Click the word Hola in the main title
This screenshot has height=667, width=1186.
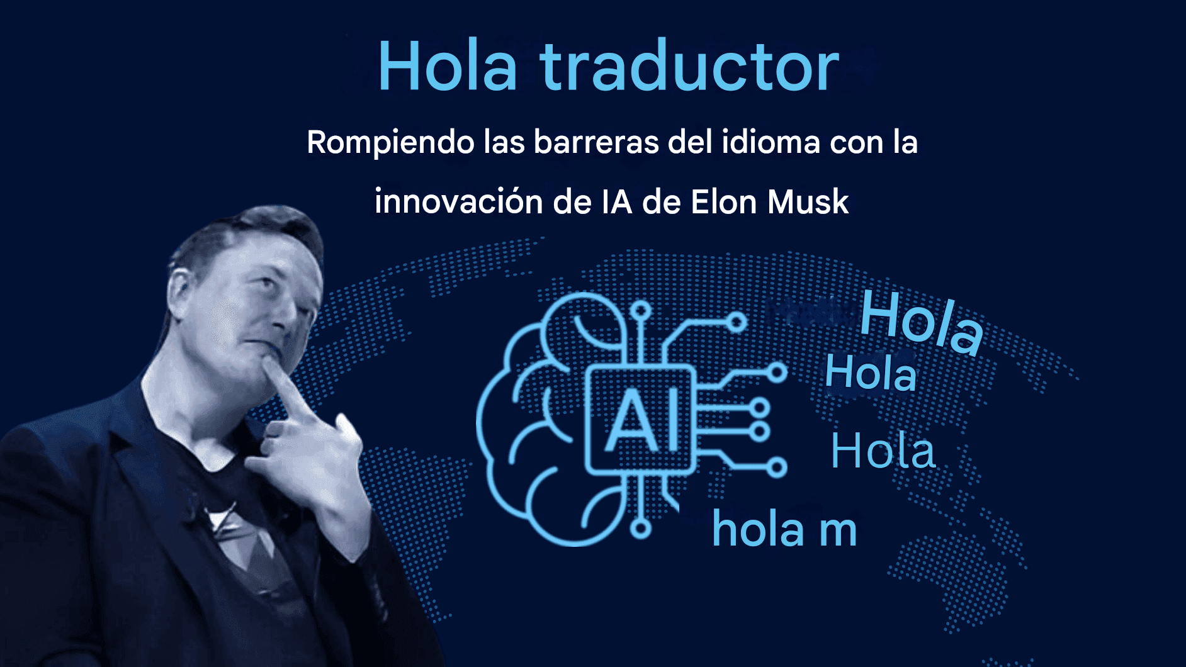click(x=448, y=66)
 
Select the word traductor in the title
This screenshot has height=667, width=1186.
click(x=689, y=66)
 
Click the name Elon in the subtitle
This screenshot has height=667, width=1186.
click(x=723, y=202)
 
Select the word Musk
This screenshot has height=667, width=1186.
click(x=808, y=202)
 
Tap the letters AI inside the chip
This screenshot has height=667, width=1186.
click(x=641, y=420)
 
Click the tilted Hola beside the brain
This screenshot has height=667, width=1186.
click(x=921, y=322)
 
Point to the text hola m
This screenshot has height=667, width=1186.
click(x=784, y=529)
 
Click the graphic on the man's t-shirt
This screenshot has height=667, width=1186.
click(x=236, y=535)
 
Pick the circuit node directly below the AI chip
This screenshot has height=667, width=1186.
click(x=641, y=529)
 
